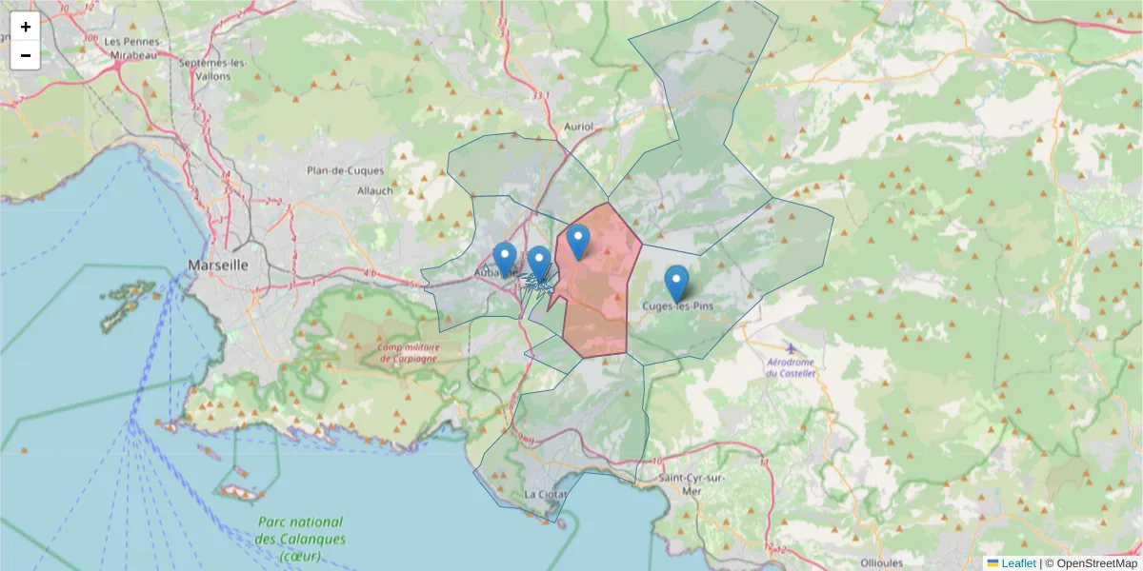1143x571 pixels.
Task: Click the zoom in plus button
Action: coord(26,27)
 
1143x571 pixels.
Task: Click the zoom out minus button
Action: coord(26,55)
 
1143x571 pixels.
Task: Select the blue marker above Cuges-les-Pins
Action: coord(676,282)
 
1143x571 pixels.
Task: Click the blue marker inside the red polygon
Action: coord(577,240)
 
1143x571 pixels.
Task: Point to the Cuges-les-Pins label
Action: coord(677,305)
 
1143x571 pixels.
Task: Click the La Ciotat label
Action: coord(545,495)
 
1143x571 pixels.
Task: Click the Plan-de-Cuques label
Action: coord(345,171)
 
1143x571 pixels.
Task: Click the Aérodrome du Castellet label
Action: coord(792,367)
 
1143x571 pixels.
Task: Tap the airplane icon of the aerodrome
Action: coord(791,348)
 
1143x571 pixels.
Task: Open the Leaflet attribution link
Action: coord(1018,563)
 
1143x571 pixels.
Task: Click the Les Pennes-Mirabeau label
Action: coord(134,48)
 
